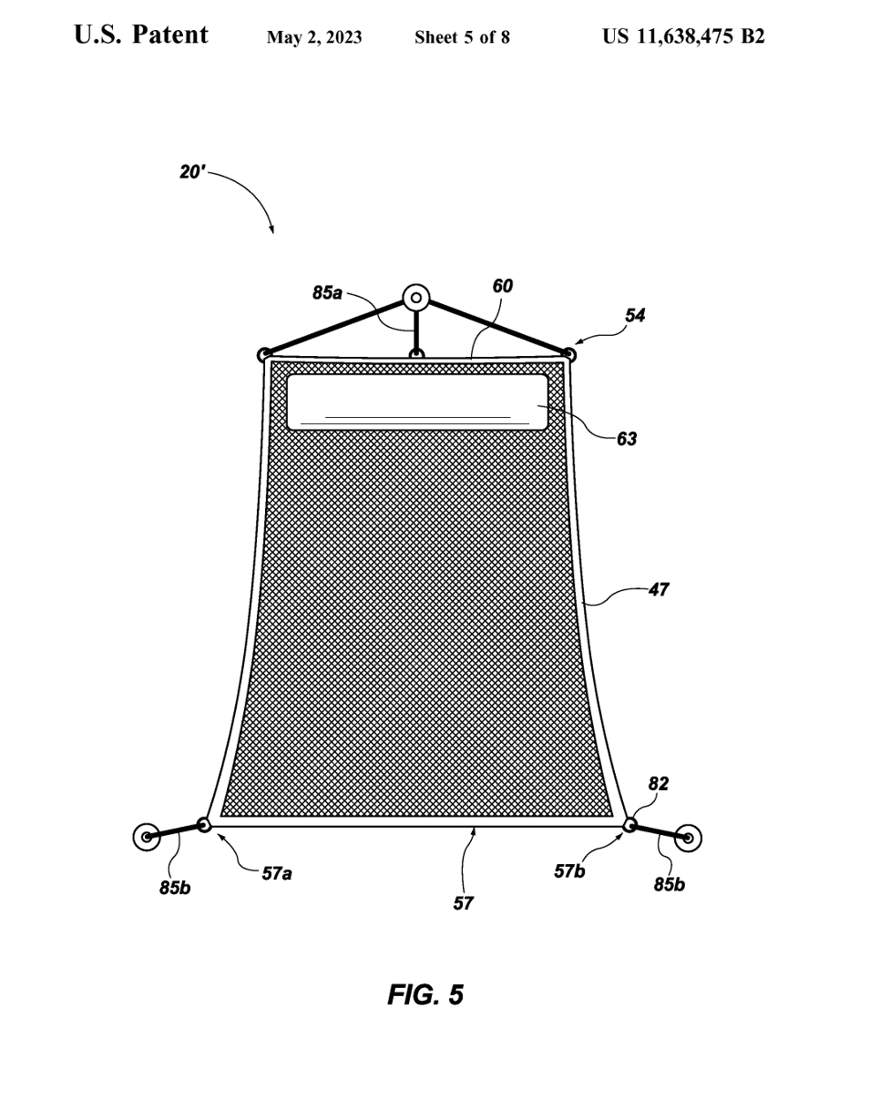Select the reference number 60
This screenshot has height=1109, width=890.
click(503, 286)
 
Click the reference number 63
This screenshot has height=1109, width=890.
click(626, 439)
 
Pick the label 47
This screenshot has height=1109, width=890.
click(659, 590)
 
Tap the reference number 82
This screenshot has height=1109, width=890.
click(659, 784)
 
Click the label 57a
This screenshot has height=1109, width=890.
click(277, 873)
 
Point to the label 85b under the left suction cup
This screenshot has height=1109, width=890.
click(175, 888)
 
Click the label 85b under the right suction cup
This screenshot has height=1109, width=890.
click(670, 884)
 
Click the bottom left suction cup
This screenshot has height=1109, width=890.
click(146, 837)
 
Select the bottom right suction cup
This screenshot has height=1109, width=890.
click(688, 837)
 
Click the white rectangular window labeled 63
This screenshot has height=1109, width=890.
click(417, 401)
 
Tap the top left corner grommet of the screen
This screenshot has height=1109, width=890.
click(264, 354)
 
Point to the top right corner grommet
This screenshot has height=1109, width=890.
click(569, 354)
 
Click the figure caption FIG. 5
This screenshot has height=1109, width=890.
click(425, 995)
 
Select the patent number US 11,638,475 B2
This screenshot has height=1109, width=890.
click(683, 37)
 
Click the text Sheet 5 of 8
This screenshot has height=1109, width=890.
click(462, 37)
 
